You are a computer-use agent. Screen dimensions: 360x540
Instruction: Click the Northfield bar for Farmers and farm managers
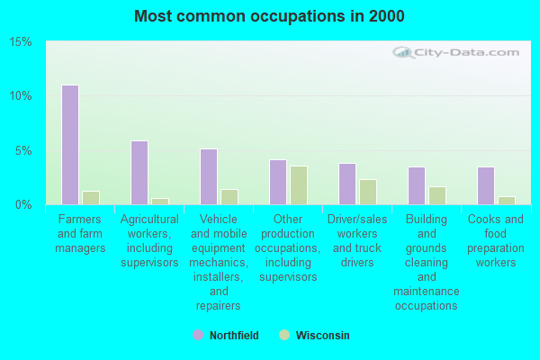pyautogui.click(x=69, y=145)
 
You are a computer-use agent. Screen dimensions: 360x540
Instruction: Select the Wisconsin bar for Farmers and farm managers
pyautogui.click(x=91, y=197)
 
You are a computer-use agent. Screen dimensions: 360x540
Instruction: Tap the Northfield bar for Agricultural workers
pyautogui.click(x=139, y=173)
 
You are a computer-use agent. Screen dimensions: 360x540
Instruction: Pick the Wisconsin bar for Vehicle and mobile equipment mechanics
pyautogui.click(x=229, y=196)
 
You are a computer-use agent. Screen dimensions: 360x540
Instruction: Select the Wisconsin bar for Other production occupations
pyautogui.click(x=299, y=184)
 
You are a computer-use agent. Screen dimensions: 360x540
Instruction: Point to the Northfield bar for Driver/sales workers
pyautogui.click(x=346, y=184)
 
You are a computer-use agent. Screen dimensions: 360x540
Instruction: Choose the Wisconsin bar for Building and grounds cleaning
pyautogui.click(x=437, y=195)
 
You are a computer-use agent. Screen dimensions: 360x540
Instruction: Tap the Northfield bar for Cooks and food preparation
pyautogui.click(x=485, y=185)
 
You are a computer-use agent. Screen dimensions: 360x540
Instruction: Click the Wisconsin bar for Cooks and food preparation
pyautogui.click(x=507, y=200)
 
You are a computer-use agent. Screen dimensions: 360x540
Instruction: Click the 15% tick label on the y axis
pyautogui.click(x=21, y=42)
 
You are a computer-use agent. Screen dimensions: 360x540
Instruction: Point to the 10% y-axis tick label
pyautogui.click(x=21, y=96)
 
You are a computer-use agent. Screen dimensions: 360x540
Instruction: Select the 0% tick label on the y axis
pyautogui.click(x=24, y=204)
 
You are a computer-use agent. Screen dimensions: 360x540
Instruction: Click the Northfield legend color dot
pyautogui.click(x=198, y=335)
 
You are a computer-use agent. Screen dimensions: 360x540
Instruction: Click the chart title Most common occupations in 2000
pyautogui.click(x=269, y=16)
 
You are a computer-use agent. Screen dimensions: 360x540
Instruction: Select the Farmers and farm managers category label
pyautogui.click(x=80, y=234)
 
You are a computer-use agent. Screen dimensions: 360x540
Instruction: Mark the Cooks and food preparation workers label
pyautogui.click(x=496, y=240)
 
